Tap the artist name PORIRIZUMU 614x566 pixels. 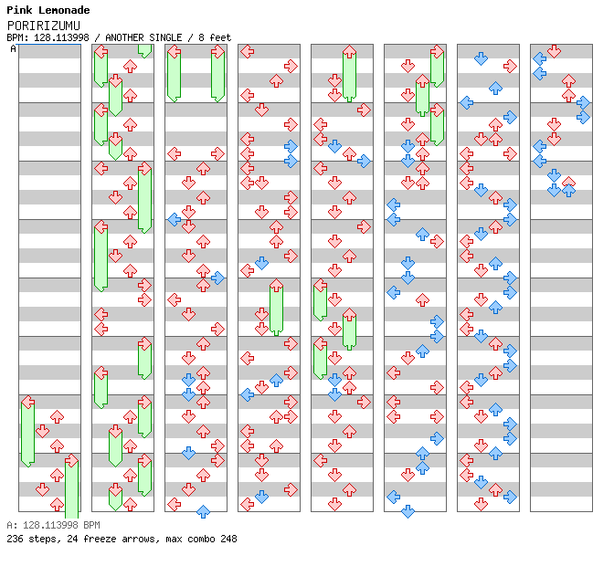pyautogui.click(x=44, y=26)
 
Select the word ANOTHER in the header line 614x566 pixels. pyautogui.click(x=124, y=37)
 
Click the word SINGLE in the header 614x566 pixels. pyautogui.click(x=165, y=37)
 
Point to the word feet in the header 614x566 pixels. pyautogui.click(x=220, y=37)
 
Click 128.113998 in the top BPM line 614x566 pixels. pyautogui.click(x=61, y=37)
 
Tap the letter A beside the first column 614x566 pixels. pyautogui.click(x=14, y=49)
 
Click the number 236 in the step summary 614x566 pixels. pyautogui.click(x=15, y=539)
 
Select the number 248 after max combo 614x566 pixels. pyautogui.click(x=228, y=539)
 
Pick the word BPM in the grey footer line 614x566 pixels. pyautogui.click(x=91, y=525)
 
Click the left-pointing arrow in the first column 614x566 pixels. pyautogui.click(x=27, y=402)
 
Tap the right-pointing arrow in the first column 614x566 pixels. pyautogui.click(x=71, y=460)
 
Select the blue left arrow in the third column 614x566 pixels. pyautogui.click(x=175, y=219)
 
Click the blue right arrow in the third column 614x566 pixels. pyautogui.click(x=217, y=278)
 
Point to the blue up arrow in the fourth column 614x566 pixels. pyautogui.click(x=277, y=380)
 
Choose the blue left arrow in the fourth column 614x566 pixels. pyautogui.click(x=247, y=394)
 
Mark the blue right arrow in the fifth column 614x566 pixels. pyautogui.click(x=364, y=161)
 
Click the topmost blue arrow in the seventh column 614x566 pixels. pyautogui.click(x=481, y=58)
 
